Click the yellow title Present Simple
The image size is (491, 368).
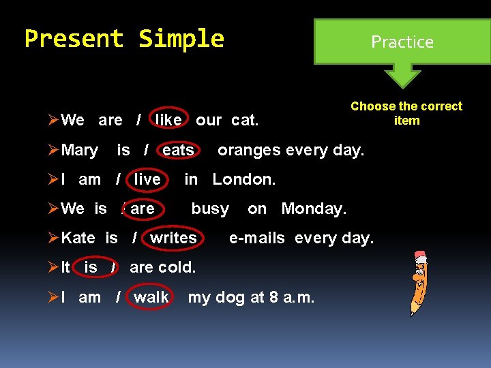coord(124,39)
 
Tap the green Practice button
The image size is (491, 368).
coord(402,42)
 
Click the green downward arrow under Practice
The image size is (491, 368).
coord(402,76)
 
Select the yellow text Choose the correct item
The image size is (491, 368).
coord(406,113)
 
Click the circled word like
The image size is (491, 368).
coord(168,121)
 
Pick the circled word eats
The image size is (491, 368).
coord(178,150)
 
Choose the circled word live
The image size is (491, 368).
coord(147,179)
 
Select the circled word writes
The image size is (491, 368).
coord(173,238)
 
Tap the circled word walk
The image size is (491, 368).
coord(151,297)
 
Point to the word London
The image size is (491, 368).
coord(244,179)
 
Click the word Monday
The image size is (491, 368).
coord(314,209)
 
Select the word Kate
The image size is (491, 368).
coord(78,238)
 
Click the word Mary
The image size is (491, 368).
coord(79,150)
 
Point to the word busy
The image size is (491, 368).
coord(210,209)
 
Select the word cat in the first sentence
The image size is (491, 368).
coord(244,121)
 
